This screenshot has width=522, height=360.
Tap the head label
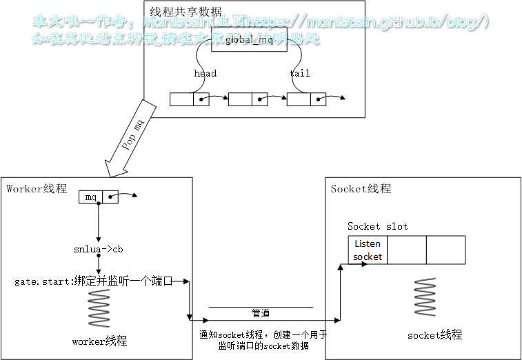pos(205,73)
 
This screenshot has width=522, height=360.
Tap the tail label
pos(299,73)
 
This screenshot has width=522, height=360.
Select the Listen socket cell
pos(368,250)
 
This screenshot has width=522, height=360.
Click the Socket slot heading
pos(377,226)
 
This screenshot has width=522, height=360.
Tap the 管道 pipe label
pos(261,313)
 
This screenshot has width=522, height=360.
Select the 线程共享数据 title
pos(185,12)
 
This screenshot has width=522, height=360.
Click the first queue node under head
pos(189,99)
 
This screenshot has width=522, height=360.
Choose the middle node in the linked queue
pos(248,99)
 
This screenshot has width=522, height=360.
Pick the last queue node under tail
pos(306,99)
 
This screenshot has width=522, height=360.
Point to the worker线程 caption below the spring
pos(99,341)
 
